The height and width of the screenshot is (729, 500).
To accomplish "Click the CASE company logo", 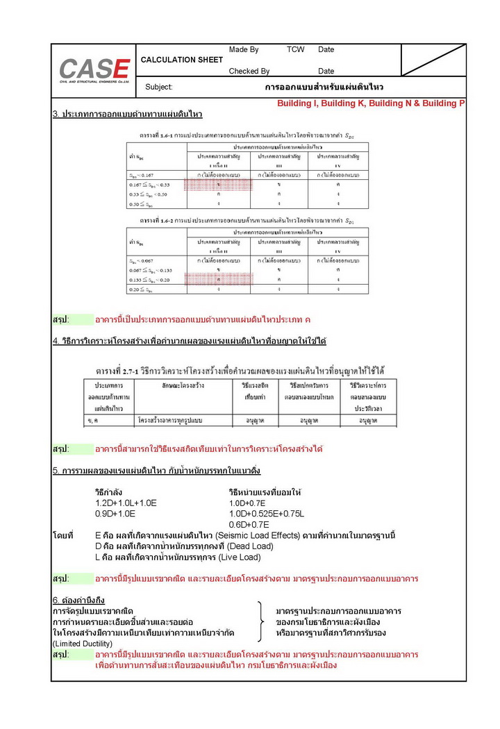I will [94, 70].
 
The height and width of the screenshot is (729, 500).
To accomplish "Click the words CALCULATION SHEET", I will [182, 60].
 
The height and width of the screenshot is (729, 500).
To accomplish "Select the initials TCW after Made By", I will [296, 50].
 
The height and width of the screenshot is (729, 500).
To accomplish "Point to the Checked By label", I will [249, 71].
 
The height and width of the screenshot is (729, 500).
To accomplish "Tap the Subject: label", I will [159, 87].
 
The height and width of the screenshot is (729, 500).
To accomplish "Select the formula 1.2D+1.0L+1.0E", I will [126, 503].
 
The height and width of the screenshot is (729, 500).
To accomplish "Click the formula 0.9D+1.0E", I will [115, 514].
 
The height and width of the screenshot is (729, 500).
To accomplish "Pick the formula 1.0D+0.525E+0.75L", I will [267, 514].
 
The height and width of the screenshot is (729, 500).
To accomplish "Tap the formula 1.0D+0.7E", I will [249, 503].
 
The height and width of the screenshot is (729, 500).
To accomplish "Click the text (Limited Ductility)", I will [83, 644].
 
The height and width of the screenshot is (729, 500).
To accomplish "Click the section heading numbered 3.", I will [127, 114].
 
